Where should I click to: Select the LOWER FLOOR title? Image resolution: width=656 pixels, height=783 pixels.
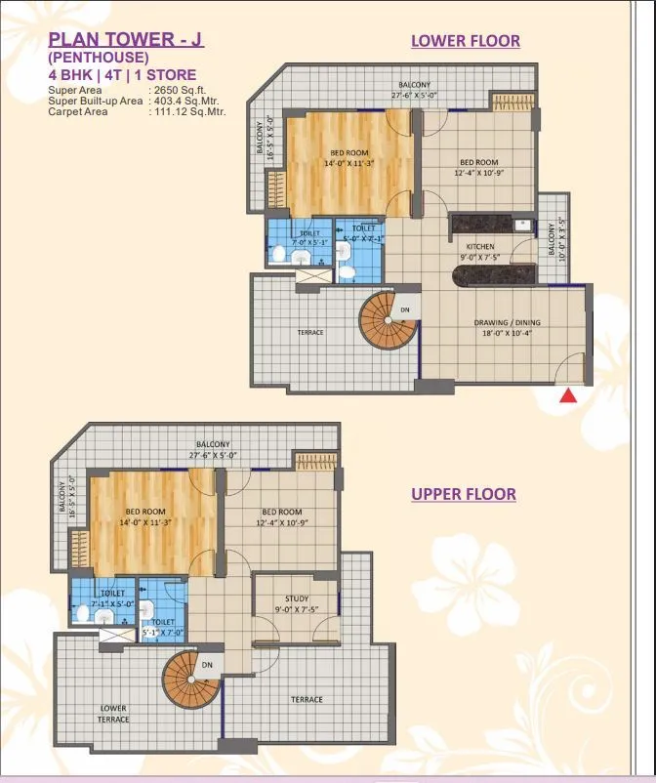465,41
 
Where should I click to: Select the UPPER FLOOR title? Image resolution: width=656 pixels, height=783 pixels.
464,494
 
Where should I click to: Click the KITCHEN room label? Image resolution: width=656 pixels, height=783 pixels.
479,247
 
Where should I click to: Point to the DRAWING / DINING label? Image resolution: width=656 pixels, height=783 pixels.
507,323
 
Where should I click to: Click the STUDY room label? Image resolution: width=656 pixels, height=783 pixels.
297,599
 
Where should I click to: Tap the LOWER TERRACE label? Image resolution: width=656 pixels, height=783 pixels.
113,713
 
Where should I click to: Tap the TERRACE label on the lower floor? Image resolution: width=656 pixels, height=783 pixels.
310,333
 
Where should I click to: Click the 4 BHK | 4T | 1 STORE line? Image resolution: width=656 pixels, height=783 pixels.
122,75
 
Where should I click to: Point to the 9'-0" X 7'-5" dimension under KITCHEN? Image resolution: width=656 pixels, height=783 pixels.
479,258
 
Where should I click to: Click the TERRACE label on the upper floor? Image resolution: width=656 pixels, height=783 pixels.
306,699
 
